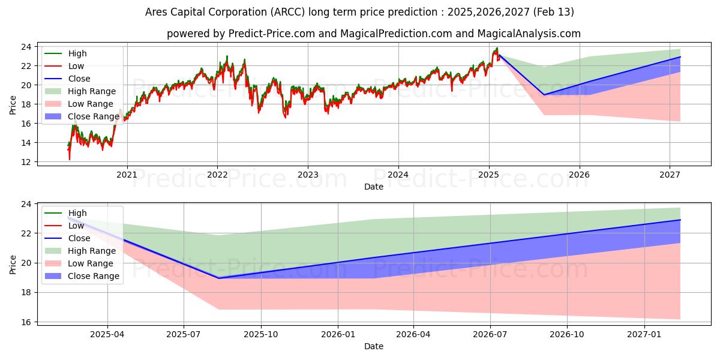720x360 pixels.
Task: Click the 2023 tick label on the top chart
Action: pos(308,175)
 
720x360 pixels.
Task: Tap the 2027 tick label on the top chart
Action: pos(670,175)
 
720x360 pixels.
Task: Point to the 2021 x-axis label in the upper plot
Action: pos(127,175)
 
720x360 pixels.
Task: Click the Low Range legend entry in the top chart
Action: pos(93,104)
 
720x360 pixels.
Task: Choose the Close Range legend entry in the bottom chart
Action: pos(94,276)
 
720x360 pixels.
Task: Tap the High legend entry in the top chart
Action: pos(76,53)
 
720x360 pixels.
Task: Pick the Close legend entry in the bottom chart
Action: pos(79,238)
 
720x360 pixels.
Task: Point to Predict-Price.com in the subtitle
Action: pos(272,34)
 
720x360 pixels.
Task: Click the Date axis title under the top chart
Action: pos(374,187)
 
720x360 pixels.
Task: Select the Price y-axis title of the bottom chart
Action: pos(13,263)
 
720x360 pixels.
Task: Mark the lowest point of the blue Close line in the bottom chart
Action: pos(218,278)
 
